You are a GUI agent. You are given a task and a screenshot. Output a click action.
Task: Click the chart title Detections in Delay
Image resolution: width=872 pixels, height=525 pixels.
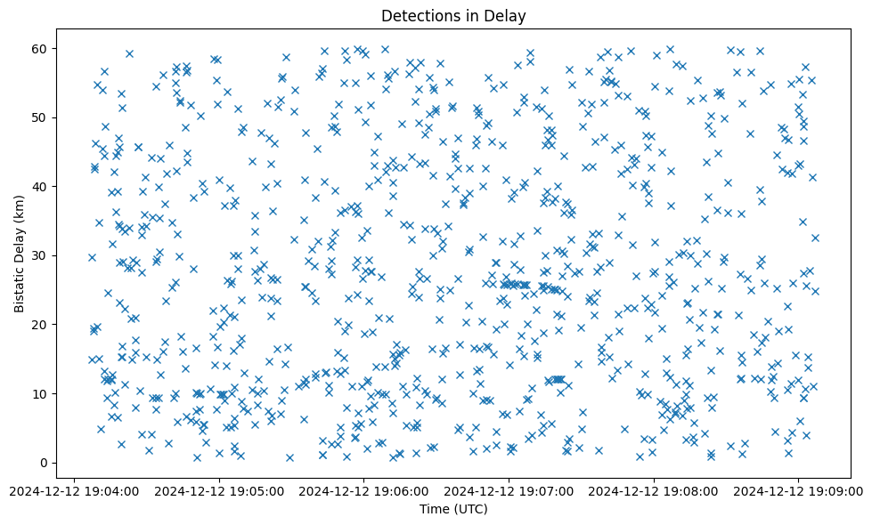tap(453, 15)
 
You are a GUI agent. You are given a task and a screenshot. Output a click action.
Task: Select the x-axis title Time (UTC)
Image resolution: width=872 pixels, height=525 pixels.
tap(453, 510)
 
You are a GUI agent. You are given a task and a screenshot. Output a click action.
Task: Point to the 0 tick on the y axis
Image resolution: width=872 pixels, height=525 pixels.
tap(44, 463)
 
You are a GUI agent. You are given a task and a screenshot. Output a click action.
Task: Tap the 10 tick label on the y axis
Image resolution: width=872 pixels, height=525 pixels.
tap(40, 393)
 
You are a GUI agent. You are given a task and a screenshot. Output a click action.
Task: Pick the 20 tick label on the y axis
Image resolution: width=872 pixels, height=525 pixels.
tap(40, 325)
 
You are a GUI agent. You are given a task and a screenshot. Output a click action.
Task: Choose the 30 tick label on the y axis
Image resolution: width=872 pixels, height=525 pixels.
tap(40, 255)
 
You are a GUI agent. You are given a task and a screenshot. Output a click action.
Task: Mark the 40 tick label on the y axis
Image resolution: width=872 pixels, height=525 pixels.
tap(40, 186)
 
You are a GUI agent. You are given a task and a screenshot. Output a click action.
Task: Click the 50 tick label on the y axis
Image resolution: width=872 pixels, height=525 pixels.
tap(40, 117)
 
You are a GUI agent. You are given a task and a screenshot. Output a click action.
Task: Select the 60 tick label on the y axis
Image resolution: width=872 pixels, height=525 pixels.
tap(40, 48)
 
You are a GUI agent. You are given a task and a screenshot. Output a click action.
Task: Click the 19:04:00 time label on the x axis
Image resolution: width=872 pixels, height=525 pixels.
tap(74, 490)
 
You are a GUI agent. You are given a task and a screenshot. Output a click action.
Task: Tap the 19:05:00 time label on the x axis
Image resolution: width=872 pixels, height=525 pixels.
tap(219, 490)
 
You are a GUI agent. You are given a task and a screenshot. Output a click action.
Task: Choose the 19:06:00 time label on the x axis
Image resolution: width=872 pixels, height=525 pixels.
tap(363, 490)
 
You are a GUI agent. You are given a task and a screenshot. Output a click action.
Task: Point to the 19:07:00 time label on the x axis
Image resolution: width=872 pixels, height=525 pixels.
tap(509, 490)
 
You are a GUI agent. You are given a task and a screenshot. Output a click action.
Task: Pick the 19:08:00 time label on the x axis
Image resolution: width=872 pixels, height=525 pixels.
tap(654, 490)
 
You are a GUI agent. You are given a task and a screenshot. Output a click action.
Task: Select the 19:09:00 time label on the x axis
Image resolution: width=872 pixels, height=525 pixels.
tap(798, 490)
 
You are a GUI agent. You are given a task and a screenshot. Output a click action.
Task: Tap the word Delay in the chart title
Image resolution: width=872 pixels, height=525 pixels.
tap(507, 15)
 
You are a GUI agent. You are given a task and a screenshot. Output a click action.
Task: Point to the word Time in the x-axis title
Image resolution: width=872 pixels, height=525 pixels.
tap(434, 510)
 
